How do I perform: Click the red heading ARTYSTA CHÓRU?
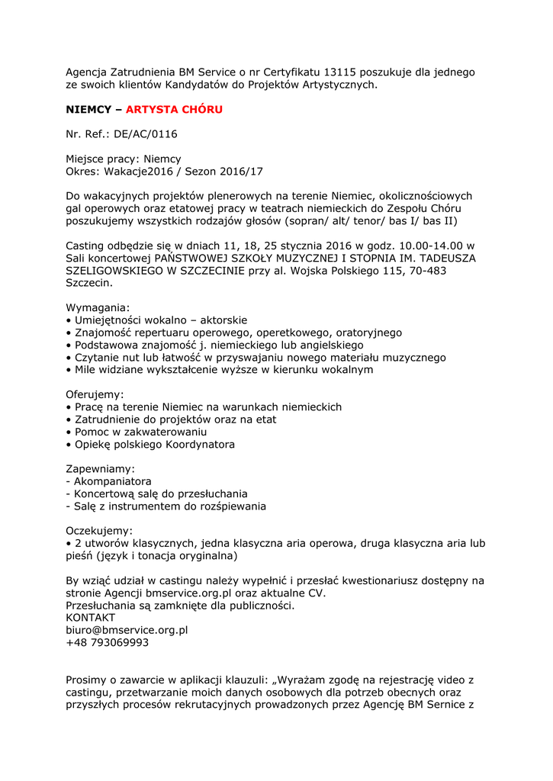174,110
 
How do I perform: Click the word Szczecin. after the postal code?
88,283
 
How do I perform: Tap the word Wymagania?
98,307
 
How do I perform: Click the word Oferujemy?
95,394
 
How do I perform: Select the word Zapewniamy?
100,468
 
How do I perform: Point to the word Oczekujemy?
99,531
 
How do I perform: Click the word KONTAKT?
91,617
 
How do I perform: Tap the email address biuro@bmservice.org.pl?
127,630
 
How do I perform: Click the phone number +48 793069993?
108,642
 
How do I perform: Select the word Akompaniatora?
112,481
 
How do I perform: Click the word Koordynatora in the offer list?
200,444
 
